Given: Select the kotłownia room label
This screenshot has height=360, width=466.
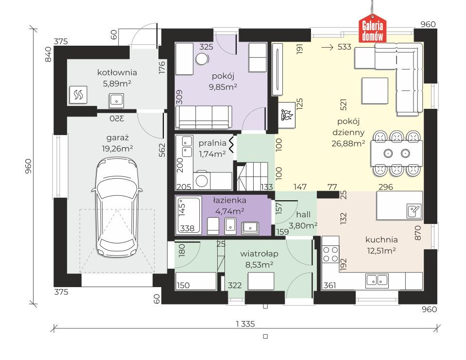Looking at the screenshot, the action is pyautogui.click(x=117, y=72).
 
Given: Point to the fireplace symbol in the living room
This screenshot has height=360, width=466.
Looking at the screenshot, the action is pyautogui.click(x=287, y=115).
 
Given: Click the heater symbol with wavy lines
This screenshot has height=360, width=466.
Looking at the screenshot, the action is pyautogui.click(x=78, y=95).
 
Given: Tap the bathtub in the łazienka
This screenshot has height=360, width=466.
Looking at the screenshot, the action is pyautogui.click(x=188, y=214).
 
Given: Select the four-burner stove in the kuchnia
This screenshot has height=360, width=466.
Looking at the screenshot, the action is pyautogui.click(x=330, y=254).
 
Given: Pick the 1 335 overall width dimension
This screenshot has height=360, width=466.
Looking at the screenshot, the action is pyautogui.click(x=245, y=324).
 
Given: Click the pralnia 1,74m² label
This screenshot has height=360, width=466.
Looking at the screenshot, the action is pyautogui.click(x=212, y=149).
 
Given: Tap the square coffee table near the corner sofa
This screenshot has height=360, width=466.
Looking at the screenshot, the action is pyautogui.click(x=375, y=90).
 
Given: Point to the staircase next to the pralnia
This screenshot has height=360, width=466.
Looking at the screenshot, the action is pyautogui.click(x=252, y=176).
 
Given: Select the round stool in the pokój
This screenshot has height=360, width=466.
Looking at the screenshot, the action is pyautogui.click(x=202, y=59).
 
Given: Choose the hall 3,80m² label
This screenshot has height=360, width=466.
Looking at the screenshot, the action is pyautogui.click(x=303, y=220).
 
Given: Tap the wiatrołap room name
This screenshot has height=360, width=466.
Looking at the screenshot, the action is pyautogui.click(x=259, y=254).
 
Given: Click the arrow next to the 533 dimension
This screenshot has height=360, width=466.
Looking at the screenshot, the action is pyautogui.click(x=328, y=47).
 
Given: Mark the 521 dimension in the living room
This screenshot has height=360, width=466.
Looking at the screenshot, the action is pyautogui.click(x=344, y=105).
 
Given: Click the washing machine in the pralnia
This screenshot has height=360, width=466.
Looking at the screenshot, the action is pyautogui.click(x=202, y=180).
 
